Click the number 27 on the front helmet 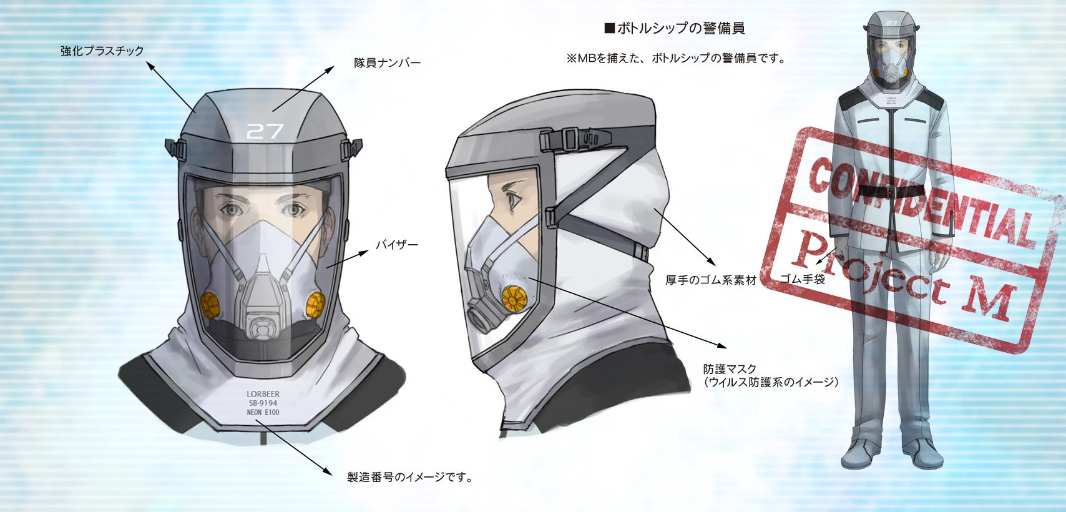tap(265, 131)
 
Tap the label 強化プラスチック tap(102, 51)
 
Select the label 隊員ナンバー tap(388, 63)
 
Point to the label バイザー tap(397, 245)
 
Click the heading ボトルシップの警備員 tap(675, 28)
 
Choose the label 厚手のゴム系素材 tap(710, 280)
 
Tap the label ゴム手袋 tap(803, 279)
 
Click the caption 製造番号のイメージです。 tap(410, 478)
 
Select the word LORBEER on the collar tap(263, 394)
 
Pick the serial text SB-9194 tap(263, 403)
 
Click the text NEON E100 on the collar tap(263, 413)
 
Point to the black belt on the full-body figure tap(892, 190)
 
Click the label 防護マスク tap(730, 369)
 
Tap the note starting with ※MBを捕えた tap(675, 59)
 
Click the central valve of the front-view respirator tap(263, 327)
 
